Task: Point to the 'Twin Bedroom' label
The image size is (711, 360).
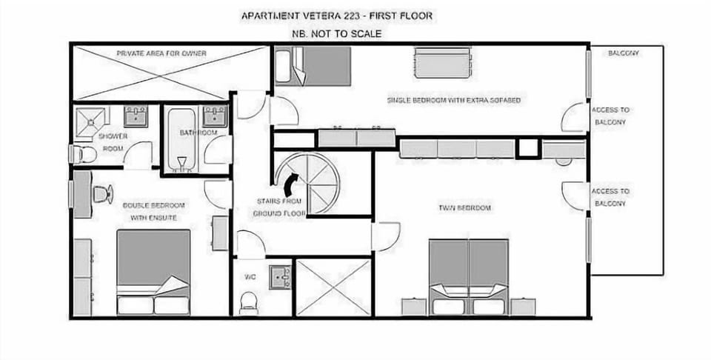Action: (464, 208)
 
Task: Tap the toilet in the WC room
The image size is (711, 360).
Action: (249, 302)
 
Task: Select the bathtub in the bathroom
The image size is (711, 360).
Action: (181, 139)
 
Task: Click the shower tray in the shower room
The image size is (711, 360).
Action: (93, 121)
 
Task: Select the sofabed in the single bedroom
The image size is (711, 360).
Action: (442, 62)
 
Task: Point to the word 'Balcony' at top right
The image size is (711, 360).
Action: (623, 53)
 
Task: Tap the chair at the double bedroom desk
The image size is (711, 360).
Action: (101, 194)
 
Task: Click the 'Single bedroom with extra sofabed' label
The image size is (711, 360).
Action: (454, 100)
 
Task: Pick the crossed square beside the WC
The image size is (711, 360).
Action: (333, 287)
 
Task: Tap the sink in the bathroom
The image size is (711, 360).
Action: (215, 116)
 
